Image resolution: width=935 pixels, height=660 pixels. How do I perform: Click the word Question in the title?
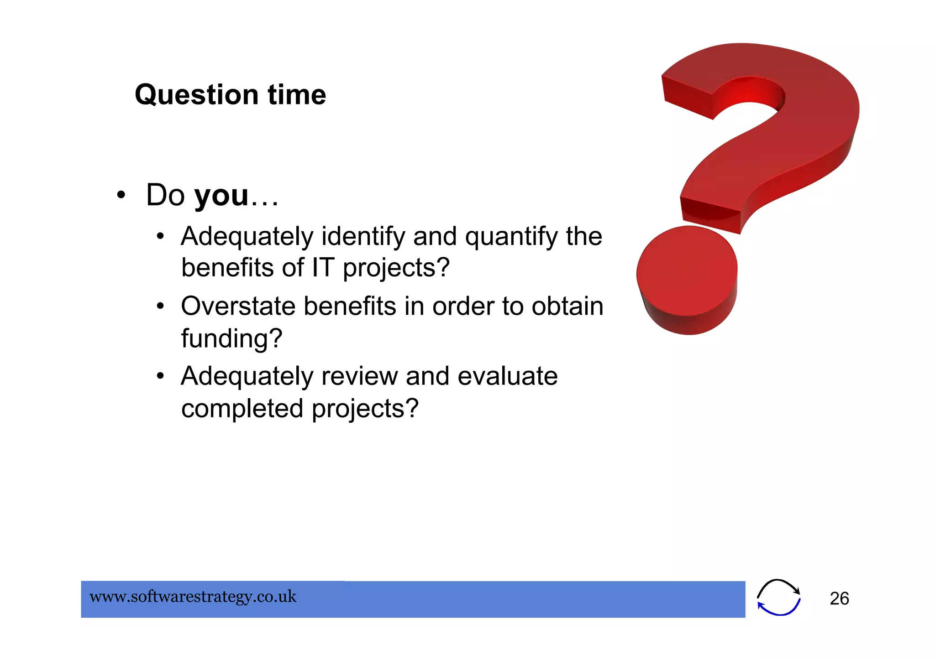tap(197, 95)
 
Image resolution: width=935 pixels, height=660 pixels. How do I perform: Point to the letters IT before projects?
tap(322, 268)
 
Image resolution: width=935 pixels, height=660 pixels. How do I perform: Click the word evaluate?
tap(507, 376)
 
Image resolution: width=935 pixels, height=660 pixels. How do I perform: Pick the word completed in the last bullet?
tap(242, 409)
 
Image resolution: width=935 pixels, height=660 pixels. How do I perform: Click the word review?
tap(359, 377)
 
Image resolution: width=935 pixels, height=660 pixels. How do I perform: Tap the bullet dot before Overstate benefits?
tap(160, 307)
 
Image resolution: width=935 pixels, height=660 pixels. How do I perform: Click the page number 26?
tap(839, 599)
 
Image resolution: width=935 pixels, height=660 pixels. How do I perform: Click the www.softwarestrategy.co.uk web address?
tap(193, 597)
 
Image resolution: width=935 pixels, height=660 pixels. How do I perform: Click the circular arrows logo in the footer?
tap(778, 598)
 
